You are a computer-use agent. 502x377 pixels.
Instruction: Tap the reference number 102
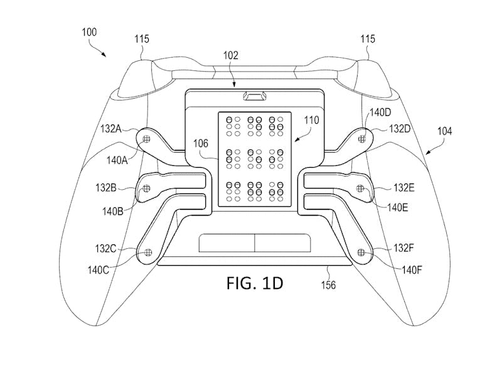pos(230,55)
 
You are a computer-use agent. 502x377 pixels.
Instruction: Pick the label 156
pos(329,285)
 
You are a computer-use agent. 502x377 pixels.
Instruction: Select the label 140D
pos(380,113)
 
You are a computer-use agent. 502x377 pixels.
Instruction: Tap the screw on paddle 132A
pos(147,139)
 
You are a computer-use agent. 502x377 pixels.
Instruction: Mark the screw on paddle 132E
pos(360,188)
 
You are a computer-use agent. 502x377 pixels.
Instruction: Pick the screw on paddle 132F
pos(360,252)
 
